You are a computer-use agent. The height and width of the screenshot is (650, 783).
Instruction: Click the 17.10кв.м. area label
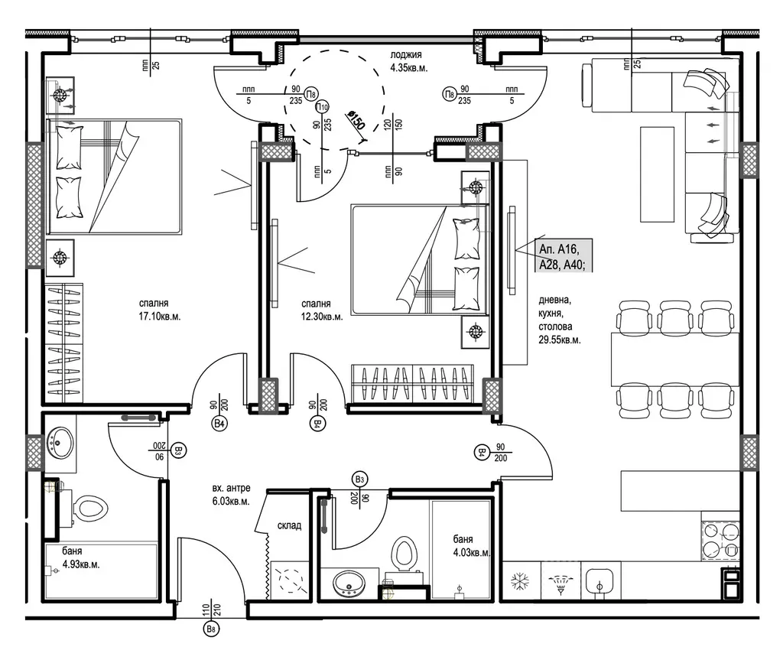tap(160, 316)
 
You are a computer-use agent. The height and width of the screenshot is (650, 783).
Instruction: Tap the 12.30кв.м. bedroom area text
tap(322, 317)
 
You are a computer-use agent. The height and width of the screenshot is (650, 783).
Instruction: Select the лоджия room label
tap(406, 55)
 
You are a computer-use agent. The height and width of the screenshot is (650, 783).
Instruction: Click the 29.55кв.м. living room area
tap(559, 340)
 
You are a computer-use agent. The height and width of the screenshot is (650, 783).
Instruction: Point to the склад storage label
tap(289, 525)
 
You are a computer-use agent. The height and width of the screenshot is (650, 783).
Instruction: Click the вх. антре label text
tap(231, 488)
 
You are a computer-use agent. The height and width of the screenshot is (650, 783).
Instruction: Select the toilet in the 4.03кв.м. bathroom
tap(404, 554)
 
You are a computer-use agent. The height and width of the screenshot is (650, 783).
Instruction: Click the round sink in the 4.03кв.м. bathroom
tap(349, 583)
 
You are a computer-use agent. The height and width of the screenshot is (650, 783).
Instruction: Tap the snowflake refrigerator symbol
tap(520, 580)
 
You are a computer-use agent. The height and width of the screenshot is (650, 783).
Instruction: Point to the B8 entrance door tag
tap(213, 629)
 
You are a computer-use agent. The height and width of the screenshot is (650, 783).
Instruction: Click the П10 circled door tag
tap(322, 107)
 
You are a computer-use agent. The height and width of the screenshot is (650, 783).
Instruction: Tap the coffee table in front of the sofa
tap(657, 174)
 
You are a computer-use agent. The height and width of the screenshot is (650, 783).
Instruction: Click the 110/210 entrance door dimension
tap(212, 610)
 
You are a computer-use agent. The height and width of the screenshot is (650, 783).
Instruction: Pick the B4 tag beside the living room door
tap(482, 452)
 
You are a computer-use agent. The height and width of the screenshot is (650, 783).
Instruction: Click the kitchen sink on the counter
tap(600, 580)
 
